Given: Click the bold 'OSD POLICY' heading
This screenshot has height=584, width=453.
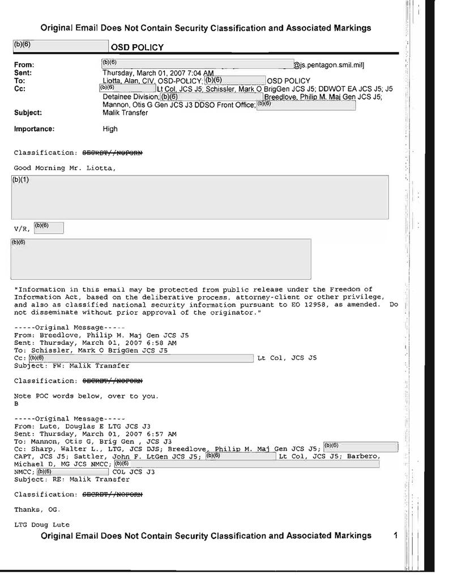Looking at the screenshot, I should (140, 47).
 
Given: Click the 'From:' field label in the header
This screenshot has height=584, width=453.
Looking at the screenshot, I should (24, 65).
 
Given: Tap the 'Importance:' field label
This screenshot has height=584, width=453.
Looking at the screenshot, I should (34, 129).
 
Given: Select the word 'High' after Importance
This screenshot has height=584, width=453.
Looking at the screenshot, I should (110, 129).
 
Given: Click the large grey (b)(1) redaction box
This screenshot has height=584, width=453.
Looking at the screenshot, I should (200, 197).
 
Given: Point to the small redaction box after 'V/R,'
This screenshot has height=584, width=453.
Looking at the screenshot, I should (49, 228).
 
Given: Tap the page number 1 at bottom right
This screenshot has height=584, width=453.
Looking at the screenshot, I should (396, 535).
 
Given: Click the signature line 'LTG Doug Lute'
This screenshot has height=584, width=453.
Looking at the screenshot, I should (42, 525).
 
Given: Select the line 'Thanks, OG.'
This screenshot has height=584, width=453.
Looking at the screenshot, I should (37, 509).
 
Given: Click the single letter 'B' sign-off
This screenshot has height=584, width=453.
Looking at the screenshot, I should (16, 404).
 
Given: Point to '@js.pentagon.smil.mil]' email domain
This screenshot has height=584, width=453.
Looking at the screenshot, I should (329, 66).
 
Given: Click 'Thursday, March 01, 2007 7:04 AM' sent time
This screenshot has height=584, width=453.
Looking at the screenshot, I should (158, 73).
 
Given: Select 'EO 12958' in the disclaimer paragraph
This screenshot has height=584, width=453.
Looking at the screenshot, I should (356, 304).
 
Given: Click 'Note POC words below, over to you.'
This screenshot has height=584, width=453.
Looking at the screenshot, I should (86, 396).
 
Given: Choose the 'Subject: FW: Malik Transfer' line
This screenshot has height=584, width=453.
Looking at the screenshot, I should (71, 366).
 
